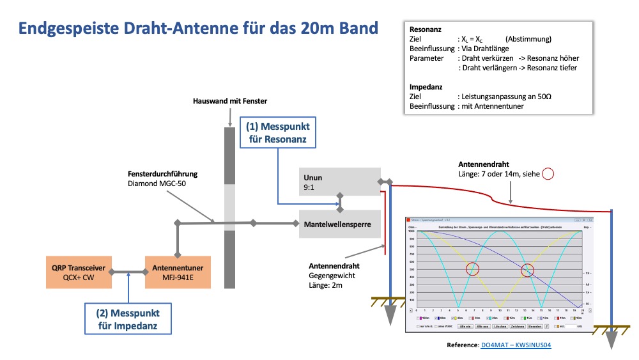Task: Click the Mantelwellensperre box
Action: (x=337, y=224)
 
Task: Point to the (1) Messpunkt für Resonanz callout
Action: (x=277, y=132)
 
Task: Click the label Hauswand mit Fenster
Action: (x=230, y=101)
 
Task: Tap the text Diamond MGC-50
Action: (x=155, y=184)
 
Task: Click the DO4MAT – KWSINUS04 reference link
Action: (x=516, y=345)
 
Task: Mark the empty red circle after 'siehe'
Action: (x=548, y=173)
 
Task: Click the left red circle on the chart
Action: (x=472, y=269)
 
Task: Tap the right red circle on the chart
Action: (x=527, y=269)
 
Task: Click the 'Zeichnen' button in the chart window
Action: (x=517, y=326)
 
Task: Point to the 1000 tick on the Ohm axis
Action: (x=413, y=231)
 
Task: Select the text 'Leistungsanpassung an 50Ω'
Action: (x=505, y=96)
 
